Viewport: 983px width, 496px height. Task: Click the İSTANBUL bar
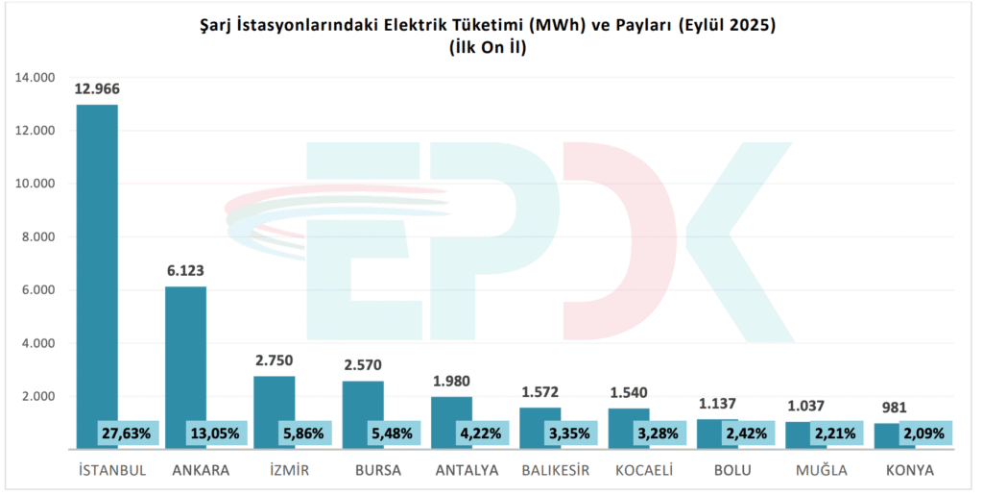[x=97, y=269]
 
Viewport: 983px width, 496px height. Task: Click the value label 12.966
[x=97, y=88]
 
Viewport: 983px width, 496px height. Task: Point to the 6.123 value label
[x=185, y=272]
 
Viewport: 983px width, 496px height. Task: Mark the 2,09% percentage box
[x=923, y=434]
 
